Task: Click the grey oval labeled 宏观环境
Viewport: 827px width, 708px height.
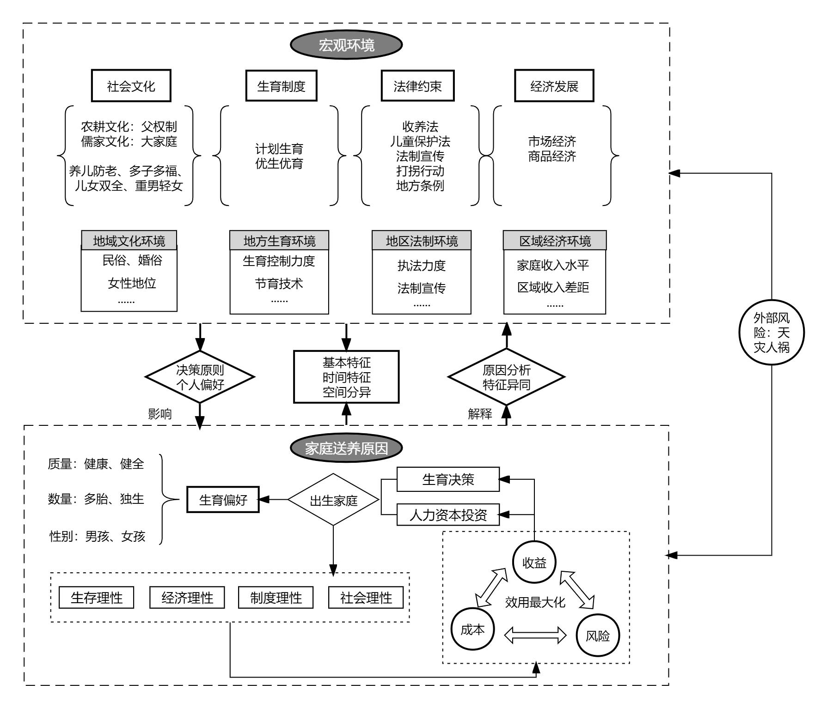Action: [x=346, y=45]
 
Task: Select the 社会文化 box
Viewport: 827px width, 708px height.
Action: [x=131, y=86]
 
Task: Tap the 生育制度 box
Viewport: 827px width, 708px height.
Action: [x=281, y=86]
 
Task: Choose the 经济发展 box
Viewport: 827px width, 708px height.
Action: [x=554, y=86]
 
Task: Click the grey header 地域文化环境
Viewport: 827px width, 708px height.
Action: [x=129, y=241]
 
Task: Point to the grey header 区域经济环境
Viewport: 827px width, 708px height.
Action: [x=555, y=241]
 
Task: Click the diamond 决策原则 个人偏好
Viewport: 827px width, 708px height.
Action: [x=200, y=376]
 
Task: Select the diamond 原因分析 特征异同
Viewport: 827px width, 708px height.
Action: [x=507, y=376]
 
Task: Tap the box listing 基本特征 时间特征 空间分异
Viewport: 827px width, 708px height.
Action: [x=346, y=377]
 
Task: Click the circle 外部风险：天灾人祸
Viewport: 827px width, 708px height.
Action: [x=772, y=332]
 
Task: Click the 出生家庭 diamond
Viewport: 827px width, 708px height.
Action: [x=333, y=500]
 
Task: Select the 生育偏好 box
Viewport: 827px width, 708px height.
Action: [x=223, y=500]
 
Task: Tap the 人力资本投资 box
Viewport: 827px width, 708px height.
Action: [x=448, y=514]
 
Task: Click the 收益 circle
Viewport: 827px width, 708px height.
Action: [x=534, y=563]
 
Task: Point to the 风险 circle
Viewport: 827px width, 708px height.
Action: [x=597, y=635]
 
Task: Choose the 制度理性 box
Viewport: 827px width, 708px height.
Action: [x=276, y=598]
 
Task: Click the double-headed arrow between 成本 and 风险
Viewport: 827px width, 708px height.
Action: [x=535, y=635]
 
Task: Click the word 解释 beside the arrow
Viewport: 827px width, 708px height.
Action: [x=480, y=413]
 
